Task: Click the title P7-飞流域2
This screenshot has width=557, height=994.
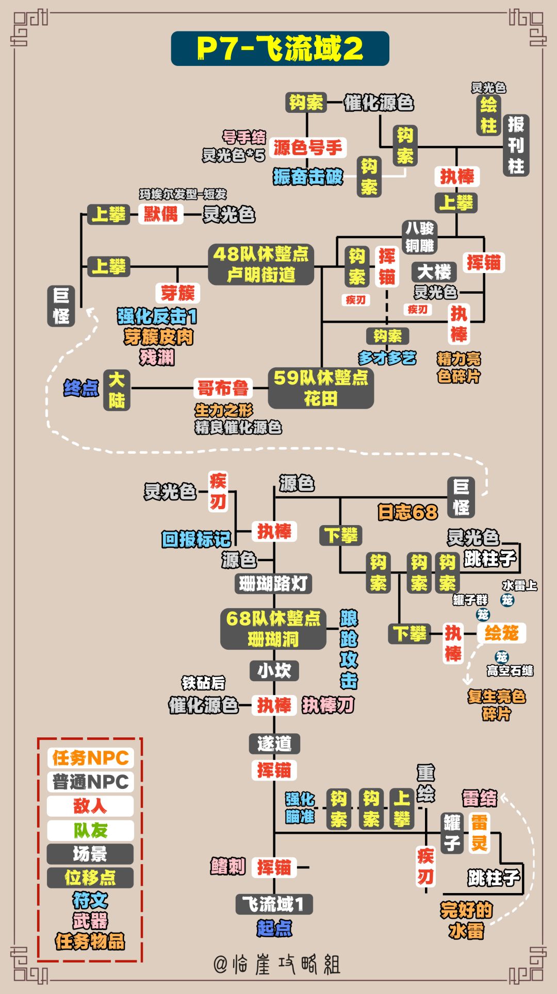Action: click(280, 48)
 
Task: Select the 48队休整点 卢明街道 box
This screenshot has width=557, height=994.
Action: click(261, 264)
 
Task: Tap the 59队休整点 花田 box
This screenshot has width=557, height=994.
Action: click(320, 388)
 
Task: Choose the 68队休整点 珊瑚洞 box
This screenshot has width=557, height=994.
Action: click(273, 629)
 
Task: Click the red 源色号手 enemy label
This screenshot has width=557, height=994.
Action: click(307, 148)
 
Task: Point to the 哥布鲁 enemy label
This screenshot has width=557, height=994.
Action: click(223, 388)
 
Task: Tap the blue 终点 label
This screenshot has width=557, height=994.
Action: click(81, 388)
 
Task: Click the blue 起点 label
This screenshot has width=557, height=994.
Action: click(274, 928)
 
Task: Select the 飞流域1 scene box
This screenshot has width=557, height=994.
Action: click(274, 904)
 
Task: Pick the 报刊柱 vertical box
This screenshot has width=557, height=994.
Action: click(516, 145)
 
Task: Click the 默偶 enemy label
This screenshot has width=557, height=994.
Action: click(160, 214)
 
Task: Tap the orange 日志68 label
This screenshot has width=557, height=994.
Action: click(407, 512)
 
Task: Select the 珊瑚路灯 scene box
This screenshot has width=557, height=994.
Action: click(273, 583)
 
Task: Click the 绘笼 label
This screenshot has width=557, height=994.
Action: click(501, 633)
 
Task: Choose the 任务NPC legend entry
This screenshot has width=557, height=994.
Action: click(90, 758)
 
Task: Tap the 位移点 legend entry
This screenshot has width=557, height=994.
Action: click(90, 877)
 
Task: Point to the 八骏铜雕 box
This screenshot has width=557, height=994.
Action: click(419, 237)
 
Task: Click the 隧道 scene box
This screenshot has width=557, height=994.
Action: click(274, 743)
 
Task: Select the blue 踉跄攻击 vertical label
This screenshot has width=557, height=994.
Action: click(349, 649)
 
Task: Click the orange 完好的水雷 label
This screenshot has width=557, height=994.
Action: click(466, 920)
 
